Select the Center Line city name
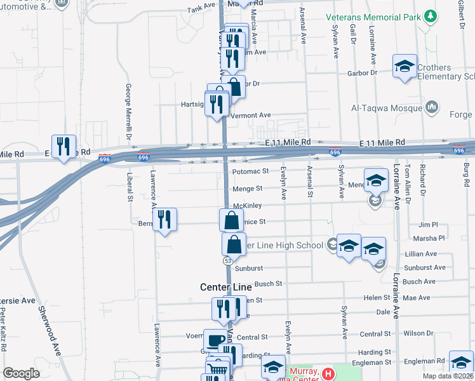[x=225, y=287]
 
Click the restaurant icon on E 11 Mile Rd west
[x=64, y=147]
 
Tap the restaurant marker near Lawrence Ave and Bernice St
[x=165, y=220]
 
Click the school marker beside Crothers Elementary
[x=405, y=67]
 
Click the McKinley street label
[x=247, y=206]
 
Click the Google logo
[x=21, y=373]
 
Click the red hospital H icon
[x=328, y=374]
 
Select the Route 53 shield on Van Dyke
[x=227, y=261]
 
